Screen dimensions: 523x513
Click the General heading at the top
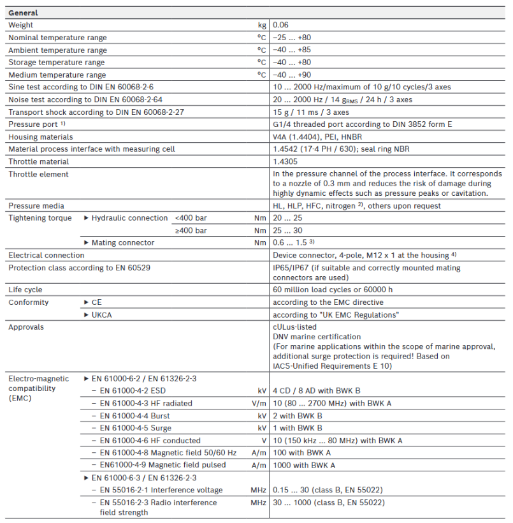[x=23, y=13]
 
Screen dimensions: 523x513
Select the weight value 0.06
[x=280, y=26]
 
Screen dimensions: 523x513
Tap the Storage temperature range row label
[x=56, y=63]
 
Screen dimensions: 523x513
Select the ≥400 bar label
[x=191, y=230]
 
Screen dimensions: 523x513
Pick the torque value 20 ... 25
[x=287, y=218]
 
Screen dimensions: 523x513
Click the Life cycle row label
[x=25, y=290]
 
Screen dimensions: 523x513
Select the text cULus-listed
[x=294, y=327]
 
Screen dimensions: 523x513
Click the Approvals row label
[x=26, y=327]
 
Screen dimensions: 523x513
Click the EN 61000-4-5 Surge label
[x=135, y=428]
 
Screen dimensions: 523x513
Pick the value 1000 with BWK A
[x=303, y=466]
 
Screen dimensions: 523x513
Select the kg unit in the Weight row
[x=261, y=26]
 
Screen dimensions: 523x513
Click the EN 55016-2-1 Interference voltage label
[x=161, y=490]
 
